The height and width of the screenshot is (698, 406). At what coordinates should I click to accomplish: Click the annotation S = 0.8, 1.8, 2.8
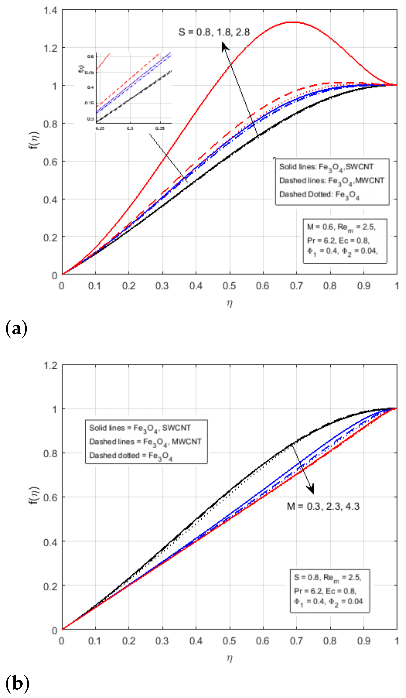point(214,32)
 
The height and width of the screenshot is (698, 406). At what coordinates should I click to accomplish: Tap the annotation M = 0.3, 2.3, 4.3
point(323,506)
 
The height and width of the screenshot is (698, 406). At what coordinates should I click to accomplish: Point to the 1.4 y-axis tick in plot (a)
point(50,11)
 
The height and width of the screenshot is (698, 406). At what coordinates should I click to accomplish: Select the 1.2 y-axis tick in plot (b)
point(50,366)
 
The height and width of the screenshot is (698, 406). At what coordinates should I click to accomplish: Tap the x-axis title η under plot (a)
point(229,303)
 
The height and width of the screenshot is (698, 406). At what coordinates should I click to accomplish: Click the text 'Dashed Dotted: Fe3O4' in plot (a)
point(319,195)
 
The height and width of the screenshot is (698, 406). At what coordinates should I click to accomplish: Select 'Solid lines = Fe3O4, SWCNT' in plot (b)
point(140,428)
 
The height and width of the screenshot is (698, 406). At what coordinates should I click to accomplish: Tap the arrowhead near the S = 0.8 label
point(225,46)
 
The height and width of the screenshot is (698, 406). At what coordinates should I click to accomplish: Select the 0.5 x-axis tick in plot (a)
point(229,285)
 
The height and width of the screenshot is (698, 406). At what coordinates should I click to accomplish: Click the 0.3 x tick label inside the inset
point(130,129)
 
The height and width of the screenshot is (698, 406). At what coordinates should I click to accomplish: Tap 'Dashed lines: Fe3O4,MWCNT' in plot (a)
point(331,181)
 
